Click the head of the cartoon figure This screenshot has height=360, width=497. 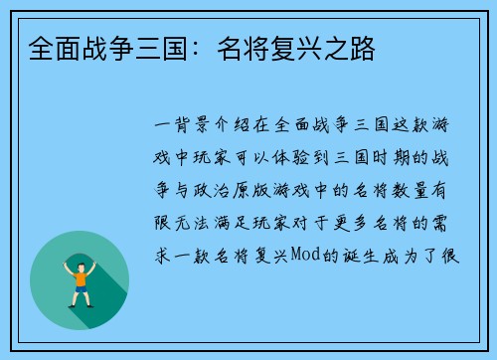click(80, 262)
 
